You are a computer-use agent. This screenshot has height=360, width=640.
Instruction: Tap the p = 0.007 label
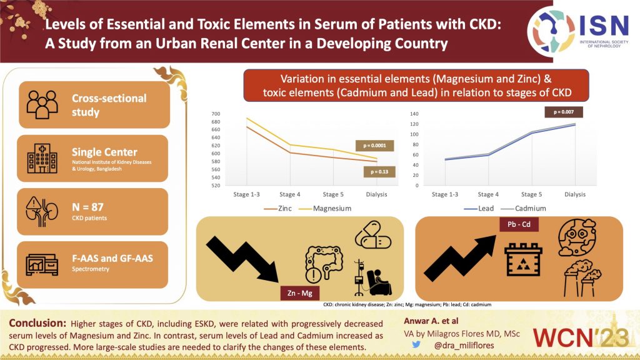[x=564, y=112]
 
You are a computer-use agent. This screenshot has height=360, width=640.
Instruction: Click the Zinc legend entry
[x=279, y=208]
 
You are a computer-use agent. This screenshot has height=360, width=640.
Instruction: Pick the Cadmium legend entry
[x=527, y=208]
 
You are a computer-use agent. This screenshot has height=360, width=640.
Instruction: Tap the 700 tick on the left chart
[x=216, y=114]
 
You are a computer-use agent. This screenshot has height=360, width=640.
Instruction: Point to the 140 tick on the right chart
[x=414, y=114]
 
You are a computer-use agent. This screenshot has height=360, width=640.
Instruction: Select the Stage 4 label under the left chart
[x=289, y=194]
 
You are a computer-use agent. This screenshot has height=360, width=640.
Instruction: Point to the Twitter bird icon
[x=414, y=343]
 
